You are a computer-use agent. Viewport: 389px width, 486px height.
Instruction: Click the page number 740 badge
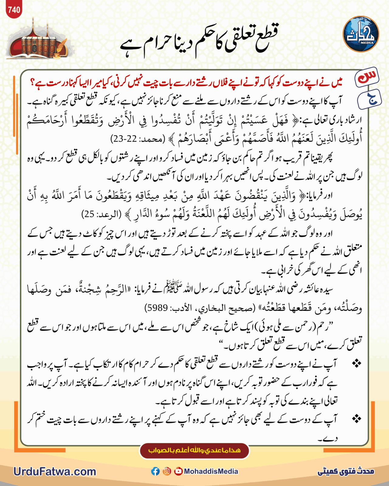pos(14,10)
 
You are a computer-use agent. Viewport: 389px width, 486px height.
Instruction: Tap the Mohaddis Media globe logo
pos(361,34)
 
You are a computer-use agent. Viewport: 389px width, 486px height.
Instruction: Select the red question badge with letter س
pos(367,77)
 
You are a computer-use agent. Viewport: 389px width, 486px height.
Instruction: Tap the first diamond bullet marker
pos(356,363)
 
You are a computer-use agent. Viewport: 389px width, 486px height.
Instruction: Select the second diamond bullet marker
pos(356,419)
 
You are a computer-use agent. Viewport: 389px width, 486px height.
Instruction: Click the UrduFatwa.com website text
pos(55,471)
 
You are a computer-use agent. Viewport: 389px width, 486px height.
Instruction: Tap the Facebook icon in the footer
pos(155,471)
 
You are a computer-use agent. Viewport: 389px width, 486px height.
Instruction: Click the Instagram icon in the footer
pos(167,471)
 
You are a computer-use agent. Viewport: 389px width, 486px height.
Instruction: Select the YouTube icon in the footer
pos(178,471)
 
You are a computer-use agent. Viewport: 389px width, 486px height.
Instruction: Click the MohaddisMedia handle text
pos(211,471)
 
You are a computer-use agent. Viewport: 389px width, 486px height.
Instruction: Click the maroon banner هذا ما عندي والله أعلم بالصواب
pos(194,450)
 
